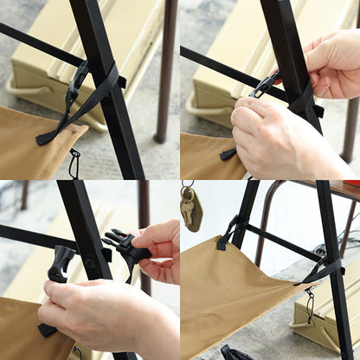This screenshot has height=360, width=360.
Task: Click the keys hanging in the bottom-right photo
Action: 190,209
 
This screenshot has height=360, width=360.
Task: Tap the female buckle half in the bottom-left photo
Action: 61,263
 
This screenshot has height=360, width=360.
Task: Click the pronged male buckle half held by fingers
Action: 124,247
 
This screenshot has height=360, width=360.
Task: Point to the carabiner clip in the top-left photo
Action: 74,162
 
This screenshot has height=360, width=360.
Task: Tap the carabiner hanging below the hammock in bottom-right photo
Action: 309,304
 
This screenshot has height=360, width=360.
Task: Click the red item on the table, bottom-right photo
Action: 350,183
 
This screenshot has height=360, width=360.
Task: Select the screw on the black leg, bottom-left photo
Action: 90,264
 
